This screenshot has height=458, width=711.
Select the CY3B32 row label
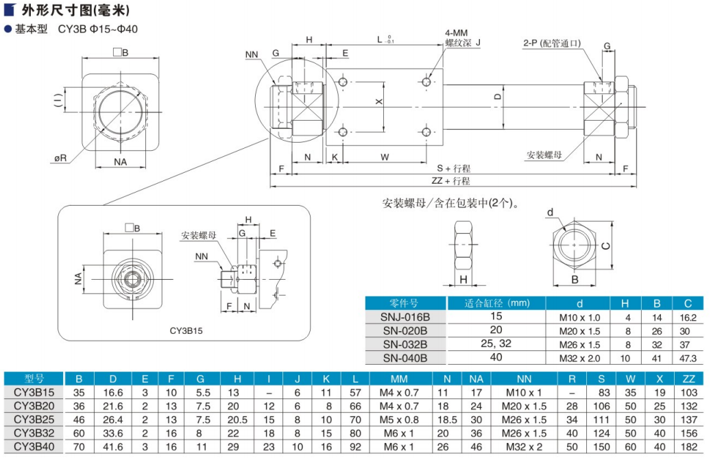click(x=34, y=432)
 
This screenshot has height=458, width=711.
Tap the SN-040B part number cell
click(x=405, y=357)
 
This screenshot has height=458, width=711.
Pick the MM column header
click(x=399, y=378)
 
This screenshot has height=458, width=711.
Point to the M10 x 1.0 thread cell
click(x=574, y=317)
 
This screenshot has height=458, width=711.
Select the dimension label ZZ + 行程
click(x=450, y=181)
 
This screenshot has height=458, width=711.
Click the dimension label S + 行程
click(x=454, y=169)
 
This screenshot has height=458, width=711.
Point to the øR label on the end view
click(x=61, y=158)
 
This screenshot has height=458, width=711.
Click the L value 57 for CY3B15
click(x=354, y=392)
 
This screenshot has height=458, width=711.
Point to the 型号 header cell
click(x=34, y=378)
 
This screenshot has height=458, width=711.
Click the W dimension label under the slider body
click(x=385, y=157)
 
